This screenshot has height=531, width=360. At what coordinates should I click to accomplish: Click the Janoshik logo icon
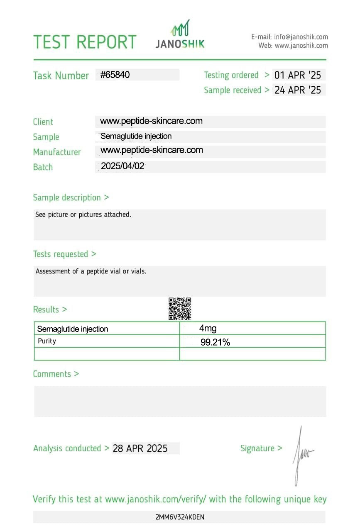(181, 28)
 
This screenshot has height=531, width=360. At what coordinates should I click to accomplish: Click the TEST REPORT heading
(85, 42)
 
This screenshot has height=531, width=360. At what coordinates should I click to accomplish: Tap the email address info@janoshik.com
(301, 37)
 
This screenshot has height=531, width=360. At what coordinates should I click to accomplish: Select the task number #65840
(115, 75)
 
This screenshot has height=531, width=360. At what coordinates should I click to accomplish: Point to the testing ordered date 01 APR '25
(298, 75)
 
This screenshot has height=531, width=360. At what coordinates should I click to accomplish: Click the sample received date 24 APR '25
(298, 90)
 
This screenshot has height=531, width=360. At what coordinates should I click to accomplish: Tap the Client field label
(43, 122)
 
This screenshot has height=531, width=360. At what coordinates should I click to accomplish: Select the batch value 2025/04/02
(122, 166)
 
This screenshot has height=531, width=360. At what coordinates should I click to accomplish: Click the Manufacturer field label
(57, 152)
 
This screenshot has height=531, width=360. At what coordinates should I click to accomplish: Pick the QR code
(180, 309)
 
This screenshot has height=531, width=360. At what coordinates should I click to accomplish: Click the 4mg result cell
(208, 329)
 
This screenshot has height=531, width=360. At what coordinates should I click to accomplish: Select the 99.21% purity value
(215, 343)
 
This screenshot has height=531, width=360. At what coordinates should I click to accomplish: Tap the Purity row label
(47, 341)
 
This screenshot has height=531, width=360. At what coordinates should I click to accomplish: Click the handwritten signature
(302, 455)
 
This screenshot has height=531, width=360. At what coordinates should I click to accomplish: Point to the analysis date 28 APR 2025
(140, 448)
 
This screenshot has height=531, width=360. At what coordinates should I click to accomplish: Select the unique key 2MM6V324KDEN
(180, 517)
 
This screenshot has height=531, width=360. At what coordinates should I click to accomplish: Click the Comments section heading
(56, 374)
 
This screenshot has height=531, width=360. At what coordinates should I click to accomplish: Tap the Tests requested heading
(64, 254)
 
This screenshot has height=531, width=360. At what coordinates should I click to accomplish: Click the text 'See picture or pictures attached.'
(83, 215)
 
